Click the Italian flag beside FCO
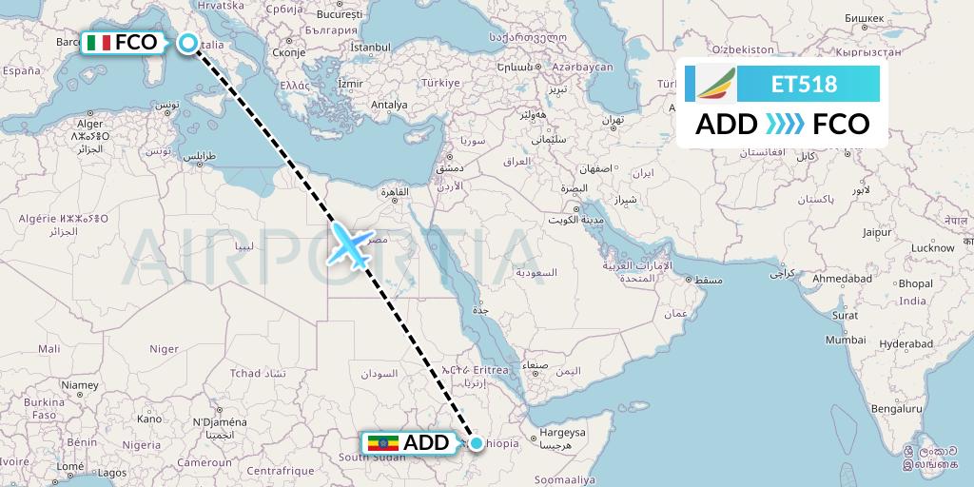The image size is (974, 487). tap(98, 43)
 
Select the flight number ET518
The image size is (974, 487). tap(805, 85)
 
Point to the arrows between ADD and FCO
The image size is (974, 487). tap(784, 125)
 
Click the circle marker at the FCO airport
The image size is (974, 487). tap(188, 43)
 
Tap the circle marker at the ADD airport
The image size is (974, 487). tap(477, 442)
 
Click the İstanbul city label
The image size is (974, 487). tap(370, 46)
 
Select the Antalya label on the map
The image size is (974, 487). tap(388, 105)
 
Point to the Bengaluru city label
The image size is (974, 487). tap(897, 409)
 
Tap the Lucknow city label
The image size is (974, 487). tap(932, 248)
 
